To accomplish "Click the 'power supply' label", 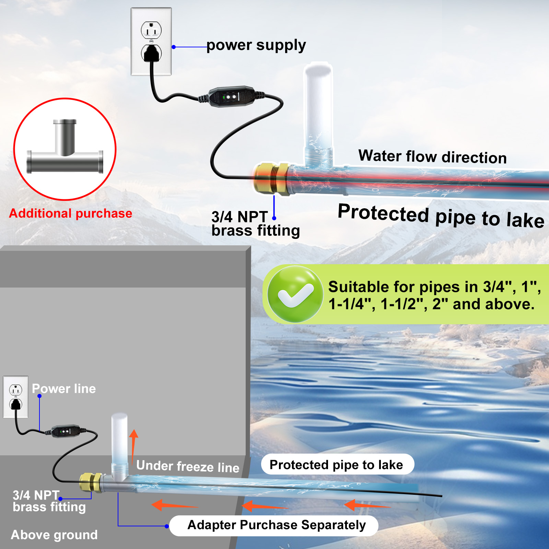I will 256,45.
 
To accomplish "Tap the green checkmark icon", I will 295,294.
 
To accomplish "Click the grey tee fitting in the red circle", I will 65,151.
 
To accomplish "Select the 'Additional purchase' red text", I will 71,213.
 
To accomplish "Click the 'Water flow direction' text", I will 432,156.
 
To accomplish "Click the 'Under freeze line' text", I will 188,467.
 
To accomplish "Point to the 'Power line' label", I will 64,389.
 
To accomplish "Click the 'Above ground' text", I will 54,535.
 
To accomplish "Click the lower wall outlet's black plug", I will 16,405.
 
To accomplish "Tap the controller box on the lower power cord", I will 66,431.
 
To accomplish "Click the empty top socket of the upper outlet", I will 151,31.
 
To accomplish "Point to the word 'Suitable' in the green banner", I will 354,287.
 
